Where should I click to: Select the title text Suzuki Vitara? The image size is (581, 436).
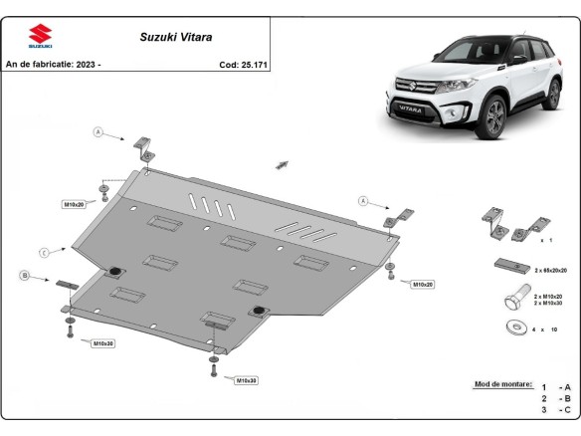[x=166, y=37]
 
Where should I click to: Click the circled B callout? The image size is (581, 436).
[x=23, y=275]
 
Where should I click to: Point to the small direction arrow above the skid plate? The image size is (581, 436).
[x=283, y=163]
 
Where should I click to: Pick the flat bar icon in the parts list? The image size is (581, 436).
[x=508, y=266]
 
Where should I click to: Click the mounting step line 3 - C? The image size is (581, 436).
[x=555, y=409]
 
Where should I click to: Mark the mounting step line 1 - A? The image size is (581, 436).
[x=555, y=385]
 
